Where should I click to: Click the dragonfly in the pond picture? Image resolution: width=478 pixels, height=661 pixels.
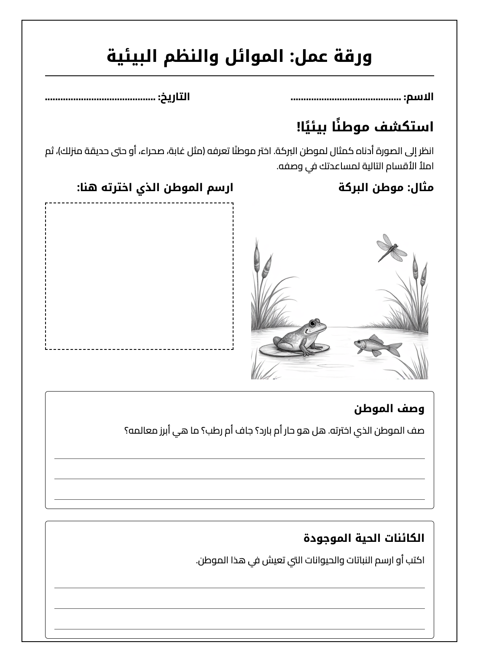(391, 248)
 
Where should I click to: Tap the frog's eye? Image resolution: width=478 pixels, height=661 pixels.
(312, 323)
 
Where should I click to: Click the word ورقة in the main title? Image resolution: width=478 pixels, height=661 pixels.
(353, 56)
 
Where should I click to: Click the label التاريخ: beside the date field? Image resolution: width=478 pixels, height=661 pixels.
(174, 97)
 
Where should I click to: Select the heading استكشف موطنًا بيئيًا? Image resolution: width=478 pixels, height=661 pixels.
(365, 126)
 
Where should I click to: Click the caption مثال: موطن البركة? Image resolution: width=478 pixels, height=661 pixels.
(386, 188)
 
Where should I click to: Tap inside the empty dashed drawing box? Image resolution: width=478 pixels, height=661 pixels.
(139, 276)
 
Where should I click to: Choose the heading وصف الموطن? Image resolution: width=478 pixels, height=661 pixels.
(389, 408)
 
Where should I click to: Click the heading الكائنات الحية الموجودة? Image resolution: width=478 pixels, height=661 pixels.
(364, 538)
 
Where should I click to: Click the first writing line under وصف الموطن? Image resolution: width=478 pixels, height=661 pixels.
(239, 458)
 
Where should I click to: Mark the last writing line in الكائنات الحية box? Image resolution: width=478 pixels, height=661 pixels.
(239, 629)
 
